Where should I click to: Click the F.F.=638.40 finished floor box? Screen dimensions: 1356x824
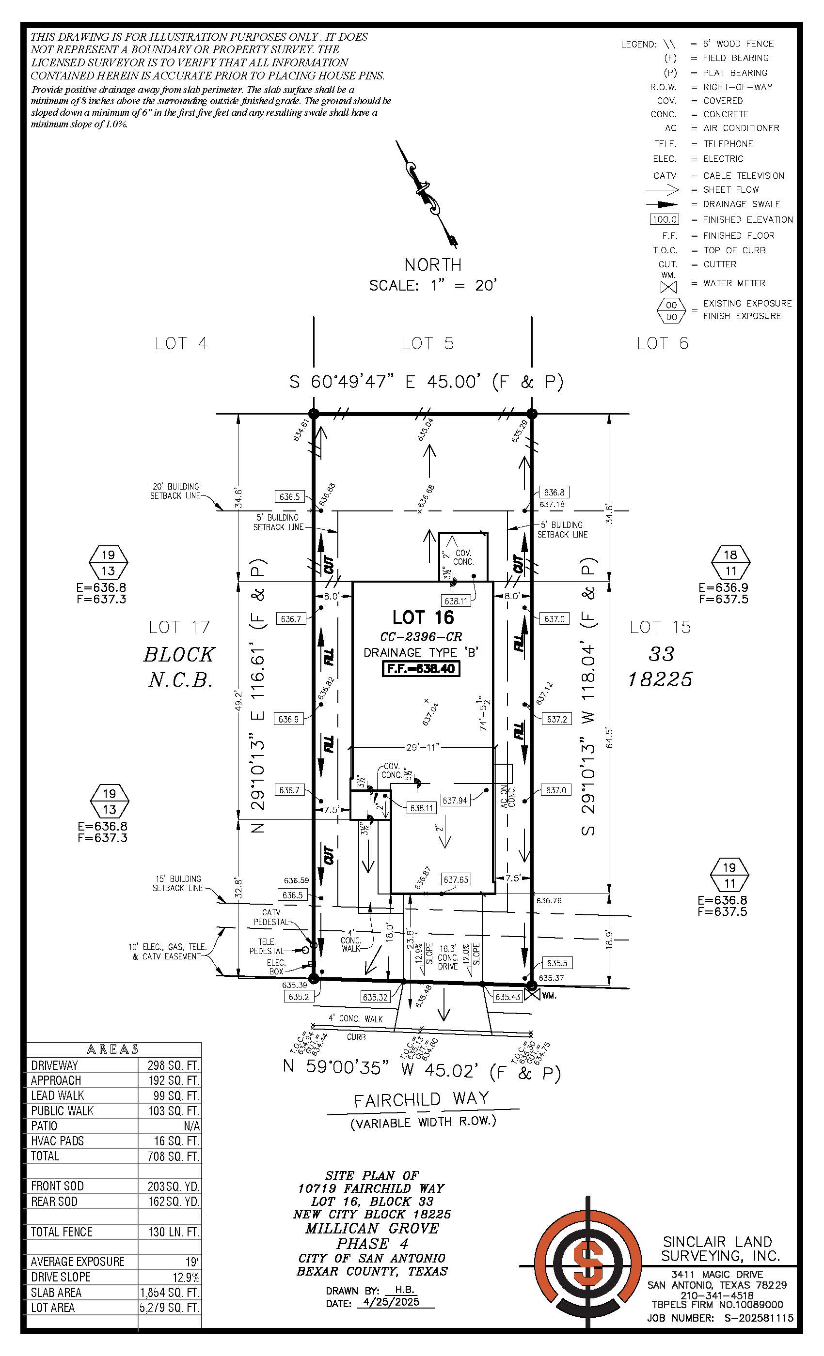click(x=421, y=669)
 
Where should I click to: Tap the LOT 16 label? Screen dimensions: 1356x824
click(x=423, y=617)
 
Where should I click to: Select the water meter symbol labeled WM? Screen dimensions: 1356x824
click(x=532, y=995)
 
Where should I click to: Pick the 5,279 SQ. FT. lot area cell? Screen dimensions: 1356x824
click(x=169, y=1307)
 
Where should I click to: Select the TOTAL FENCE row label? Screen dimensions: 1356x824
click(x=61, y=1232)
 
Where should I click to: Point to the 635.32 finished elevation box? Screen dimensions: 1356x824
click(x=375, y=997)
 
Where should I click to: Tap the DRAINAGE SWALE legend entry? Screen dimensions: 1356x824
click(x=742, y=204)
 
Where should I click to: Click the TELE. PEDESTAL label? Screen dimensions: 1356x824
click(x=267, y=946)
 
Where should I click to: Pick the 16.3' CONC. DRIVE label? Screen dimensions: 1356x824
click(x=448, y=957)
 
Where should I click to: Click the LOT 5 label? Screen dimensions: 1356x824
click(x=428, y=343)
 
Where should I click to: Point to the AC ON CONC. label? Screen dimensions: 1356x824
click(x=507, y=796)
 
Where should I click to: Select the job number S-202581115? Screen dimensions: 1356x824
click(x=758, y=1318)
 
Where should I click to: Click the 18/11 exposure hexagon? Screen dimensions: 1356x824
click(x=730, y=563)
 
